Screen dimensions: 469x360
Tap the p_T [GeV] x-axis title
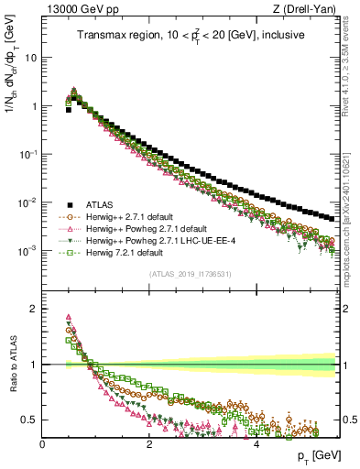pyautogui.click(x=315, y=455)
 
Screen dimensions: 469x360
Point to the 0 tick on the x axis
pyautogui.click(x=43, y=443)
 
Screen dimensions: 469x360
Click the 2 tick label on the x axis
pyautogui.click(x=149, y=443)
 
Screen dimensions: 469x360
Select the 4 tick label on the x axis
pyautogui.click(x=256, y=443)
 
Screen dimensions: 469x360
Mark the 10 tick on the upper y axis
pyautogui.click(x=30, y=57)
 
